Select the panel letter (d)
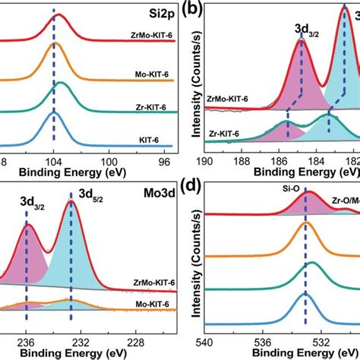[194, 189]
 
